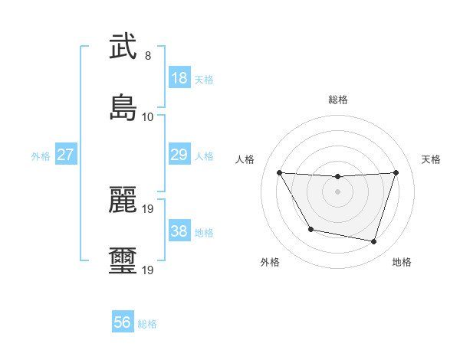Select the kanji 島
(123, 106)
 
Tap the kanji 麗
(123, 200)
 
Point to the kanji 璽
(123, 260)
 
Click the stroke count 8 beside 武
(148, 56)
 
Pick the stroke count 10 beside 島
(148, 116)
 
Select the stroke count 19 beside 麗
(148, 209)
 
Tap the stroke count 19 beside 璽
(148, 270)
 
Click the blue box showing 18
(179, 78)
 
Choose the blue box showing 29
(179, 155)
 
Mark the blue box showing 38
(179, 231)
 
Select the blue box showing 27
(65, 155)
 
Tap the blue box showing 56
(123, 322)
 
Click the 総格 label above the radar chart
(338, 100)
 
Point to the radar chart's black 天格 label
(432, 159)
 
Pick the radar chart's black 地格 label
(402, 262)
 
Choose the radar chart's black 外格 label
(270, 262)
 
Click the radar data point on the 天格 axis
(396, 172)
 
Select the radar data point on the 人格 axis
(280, 172)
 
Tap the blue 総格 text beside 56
(147, 324)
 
